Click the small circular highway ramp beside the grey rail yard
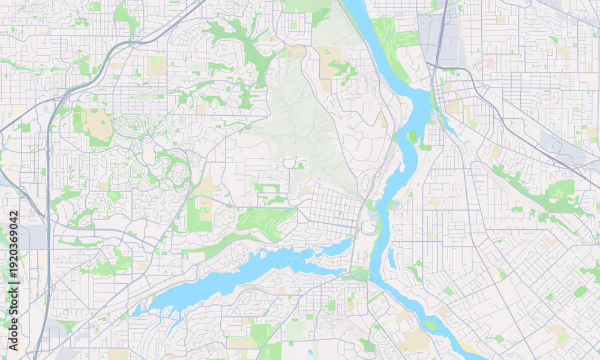click(x=433, y=67)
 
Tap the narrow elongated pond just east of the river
click(x=391, y=259)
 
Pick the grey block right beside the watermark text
click(x=33, y=237)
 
